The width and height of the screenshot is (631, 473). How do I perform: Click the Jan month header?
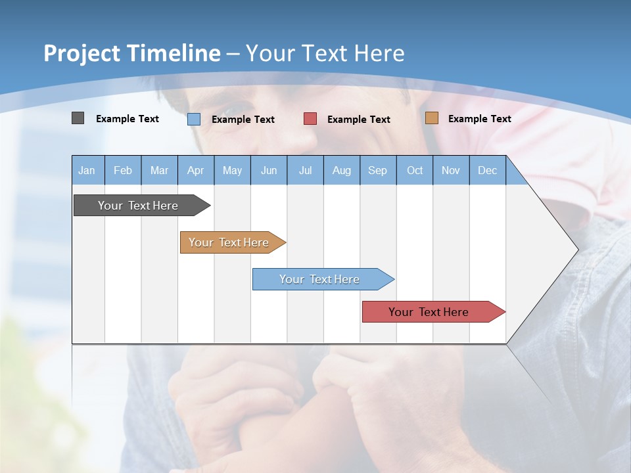tap(87, 170)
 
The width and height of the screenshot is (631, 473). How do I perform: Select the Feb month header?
tap(123, 170)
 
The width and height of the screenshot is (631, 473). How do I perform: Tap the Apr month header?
tap(196, 170)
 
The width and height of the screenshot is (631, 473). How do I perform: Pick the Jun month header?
tap(269, 170)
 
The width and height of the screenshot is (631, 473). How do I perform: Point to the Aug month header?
tap(342, 170)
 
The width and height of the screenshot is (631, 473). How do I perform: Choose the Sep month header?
tap(378, 170)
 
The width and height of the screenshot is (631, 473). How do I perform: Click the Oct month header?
tap(415, 170)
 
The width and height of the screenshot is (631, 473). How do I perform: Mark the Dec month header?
tap(488, 170)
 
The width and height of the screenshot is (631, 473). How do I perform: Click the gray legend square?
tap(78, 118)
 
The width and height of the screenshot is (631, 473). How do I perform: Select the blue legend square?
tap(193, 119)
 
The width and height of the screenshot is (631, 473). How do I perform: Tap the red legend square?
tap(310, 119)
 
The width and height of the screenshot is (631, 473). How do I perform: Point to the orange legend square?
tap(431, 118)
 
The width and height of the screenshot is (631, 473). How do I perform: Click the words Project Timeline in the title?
tap(131, 53)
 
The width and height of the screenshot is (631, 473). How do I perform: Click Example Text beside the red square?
tap(359, 119)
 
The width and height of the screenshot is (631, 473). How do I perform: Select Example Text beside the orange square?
tap(479, 118)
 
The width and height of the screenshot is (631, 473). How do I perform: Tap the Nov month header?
tap(451, 170)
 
